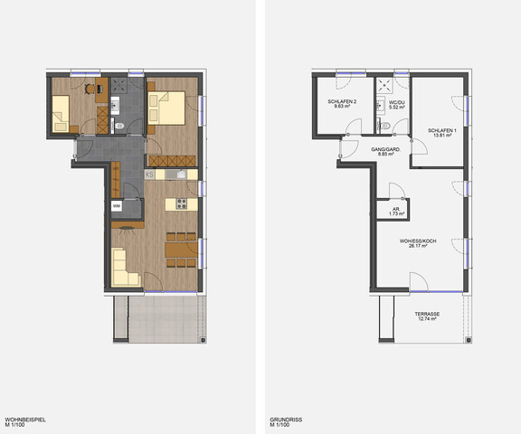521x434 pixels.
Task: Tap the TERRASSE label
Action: coord(428,314)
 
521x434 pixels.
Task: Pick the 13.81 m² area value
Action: coord(441,137)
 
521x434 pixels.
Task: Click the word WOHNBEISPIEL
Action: coord(25,420)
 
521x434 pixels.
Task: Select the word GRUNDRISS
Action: coord(286,420)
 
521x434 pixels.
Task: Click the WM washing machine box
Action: coord(117,206)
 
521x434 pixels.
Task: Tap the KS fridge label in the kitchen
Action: coord(148,174)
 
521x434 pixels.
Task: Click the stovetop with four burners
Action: coord(180,202)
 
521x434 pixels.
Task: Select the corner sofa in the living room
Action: coord(124,269)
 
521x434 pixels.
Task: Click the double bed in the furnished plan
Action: coord(171,108)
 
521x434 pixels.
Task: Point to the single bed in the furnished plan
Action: coord(62,113)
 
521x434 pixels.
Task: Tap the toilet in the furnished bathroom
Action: coord(120,124)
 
